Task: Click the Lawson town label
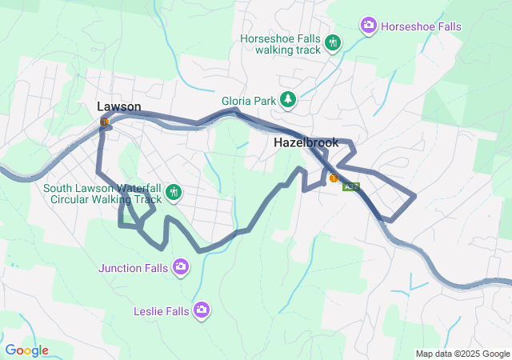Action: click(x=119, y=106)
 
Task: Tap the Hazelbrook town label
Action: click(x=306, y=142)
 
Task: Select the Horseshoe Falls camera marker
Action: click(x=369, y=26)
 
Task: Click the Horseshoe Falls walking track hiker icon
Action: click(x=334, y=43)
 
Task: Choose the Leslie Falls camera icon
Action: click(x=202, y=309)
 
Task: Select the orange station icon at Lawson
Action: click(x=105, y=122)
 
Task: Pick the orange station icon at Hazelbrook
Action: click(x=334, y=178)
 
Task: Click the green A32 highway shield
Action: click(x=350, y=186)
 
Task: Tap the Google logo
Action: click(x=26, y=350)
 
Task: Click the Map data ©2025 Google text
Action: click(x=462, y=354)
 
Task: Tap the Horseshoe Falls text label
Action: click(x=421, y=26)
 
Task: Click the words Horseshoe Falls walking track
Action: click(x=282, y=43)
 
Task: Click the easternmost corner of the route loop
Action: click(x=415, y=195)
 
